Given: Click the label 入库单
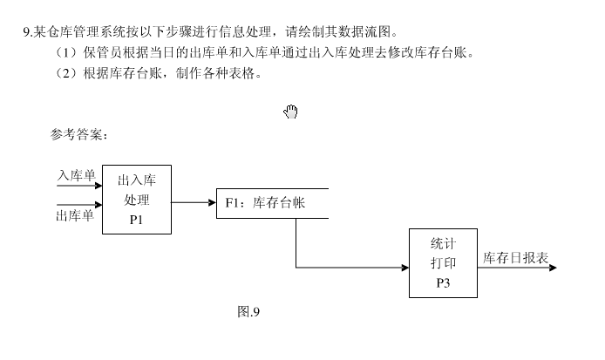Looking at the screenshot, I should (x=76, y=175).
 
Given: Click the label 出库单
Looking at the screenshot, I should (x=75, y=215).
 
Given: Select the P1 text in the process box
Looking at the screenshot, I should (x=136, y=220).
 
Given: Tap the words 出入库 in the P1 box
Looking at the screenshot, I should (x=136, y=180).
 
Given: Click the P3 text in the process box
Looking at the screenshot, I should (x=443, y=282).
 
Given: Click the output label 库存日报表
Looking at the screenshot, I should (x=515, y=258).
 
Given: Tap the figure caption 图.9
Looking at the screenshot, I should (x=249, y=312).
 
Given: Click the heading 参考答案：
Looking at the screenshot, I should (x=79, y=134).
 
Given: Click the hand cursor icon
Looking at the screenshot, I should (x=291, y=111).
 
